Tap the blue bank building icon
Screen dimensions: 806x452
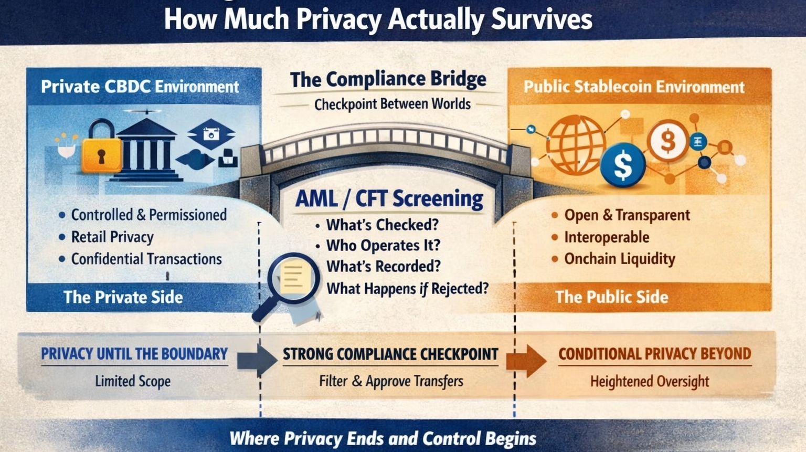coord(146,151)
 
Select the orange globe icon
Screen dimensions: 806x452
coord(575,144)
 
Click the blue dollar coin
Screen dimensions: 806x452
coord(623,165)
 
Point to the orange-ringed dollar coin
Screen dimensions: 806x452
coord(667,140)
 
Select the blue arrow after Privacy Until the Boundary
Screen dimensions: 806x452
coord(257,360)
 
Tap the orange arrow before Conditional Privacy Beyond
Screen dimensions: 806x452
coord(526,361)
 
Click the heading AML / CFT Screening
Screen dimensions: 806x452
coord(389,199)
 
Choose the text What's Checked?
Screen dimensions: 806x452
coord(382,225)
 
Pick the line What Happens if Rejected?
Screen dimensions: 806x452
coord(407,288)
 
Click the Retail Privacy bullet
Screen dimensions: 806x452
coord(112,237)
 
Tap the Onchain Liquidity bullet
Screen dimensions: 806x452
coord(619,259)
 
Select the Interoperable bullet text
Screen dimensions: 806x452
coord(607,237)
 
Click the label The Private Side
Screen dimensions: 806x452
coord(123,297)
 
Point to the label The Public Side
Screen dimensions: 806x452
coord(612,297)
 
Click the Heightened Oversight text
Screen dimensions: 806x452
coord(649,381)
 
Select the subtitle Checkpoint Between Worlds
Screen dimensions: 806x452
coord(393,104)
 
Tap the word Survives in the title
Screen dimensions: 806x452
coord(542,19)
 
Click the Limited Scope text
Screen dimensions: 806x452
coord(133,381)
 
